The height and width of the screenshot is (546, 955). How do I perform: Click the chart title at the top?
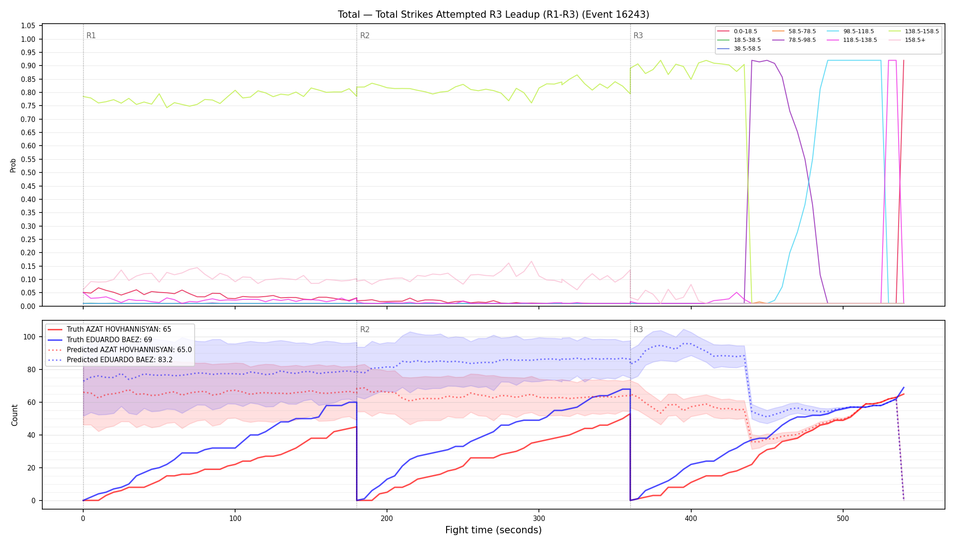(493, 15)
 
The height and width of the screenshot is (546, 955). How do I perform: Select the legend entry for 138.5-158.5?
(915, 31)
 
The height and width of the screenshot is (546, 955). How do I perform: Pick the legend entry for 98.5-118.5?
(850, 31)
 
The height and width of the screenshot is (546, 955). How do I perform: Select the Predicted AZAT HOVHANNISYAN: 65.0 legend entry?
(120, 350)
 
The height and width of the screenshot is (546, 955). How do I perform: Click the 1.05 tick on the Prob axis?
(29, 26)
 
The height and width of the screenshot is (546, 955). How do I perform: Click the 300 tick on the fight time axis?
(539, 518)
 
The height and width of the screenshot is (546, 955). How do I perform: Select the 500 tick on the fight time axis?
(843, 518)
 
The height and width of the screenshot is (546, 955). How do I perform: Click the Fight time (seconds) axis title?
(493, 530)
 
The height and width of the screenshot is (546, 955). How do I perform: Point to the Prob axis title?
(13, 165)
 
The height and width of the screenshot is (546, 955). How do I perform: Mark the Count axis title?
(15, 415)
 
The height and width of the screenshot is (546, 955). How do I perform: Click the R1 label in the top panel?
(91, 35)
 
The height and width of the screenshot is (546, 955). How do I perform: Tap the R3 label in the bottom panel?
(638, 329)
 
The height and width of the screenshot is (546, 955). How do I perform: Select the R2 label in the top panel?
(365, 35)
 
